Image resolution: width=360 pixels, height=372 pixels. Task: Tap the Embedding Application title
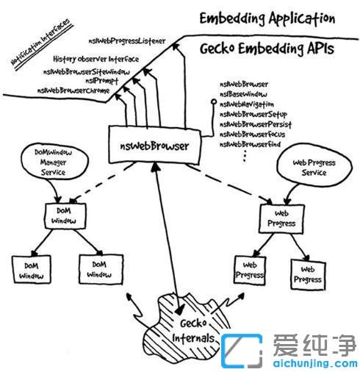(x=268, y=18)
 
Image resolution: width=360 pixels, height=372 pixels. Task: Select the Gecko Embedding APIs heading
(x=267, y=50)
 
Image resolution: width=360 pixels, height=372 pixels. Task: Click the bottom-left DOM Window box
(x=29, y=268)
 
